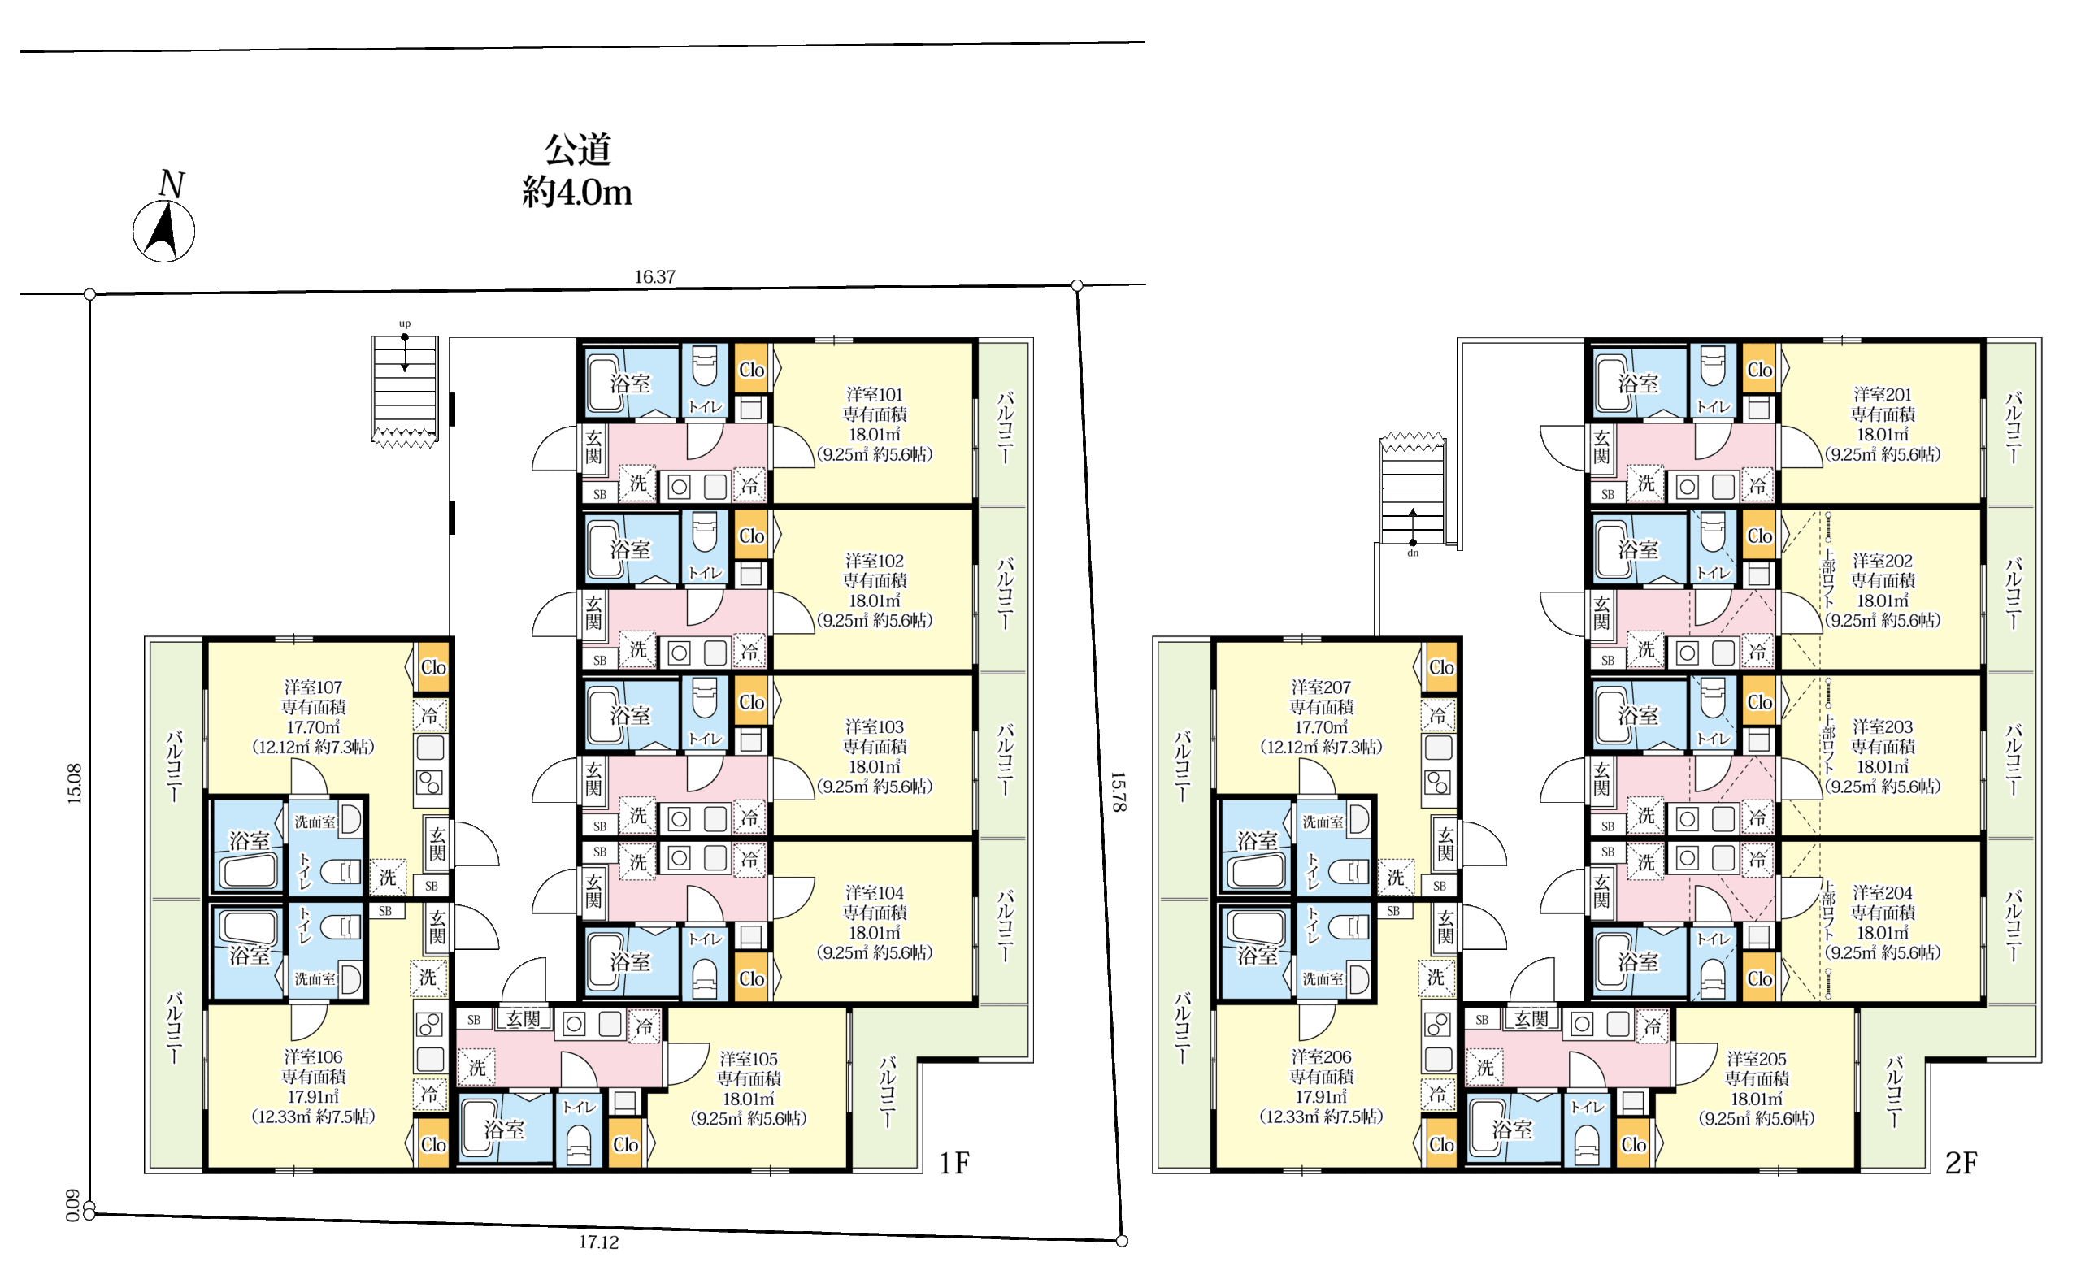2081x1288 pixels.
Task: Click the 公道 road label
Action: point(577,149)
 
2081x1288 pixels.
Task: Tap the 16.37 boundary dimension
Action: point(654,277)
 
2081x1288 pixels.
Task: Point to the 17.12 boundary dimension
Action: point(598,1242)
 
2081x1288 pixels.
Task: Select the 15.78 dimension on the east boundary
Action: point(1117,791)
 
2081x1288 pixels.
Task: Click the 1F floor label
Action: point(954,1163)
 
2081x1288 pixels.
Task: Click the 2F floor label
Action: point(1961,1163)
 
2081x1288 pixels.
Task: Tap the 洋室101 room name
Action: point(874,394)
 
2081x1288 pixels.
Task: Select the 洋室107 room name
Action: point(313,687)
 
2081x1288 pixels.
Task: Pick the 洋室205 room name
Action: point(1757,1059)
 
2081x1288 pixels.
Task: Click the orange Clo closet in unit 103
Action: point(751,702)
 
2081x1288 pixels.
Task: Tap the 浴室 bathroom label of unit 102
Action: point(630,549)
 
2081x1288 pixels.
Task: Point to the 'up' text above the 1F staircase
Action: point(405,323)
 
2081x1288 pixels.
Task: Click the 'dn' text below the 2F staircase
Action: point(1413,553)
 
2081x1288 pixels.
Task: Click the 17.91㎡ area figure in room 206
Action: point(1321,1096)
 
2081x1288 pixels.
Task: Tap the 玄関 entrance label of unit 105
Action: point(524,1019)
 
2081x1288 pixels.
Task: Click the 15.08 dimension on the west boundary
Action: point(75,783)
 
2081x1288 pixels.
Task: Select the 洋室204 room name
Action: point(1883,893)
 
